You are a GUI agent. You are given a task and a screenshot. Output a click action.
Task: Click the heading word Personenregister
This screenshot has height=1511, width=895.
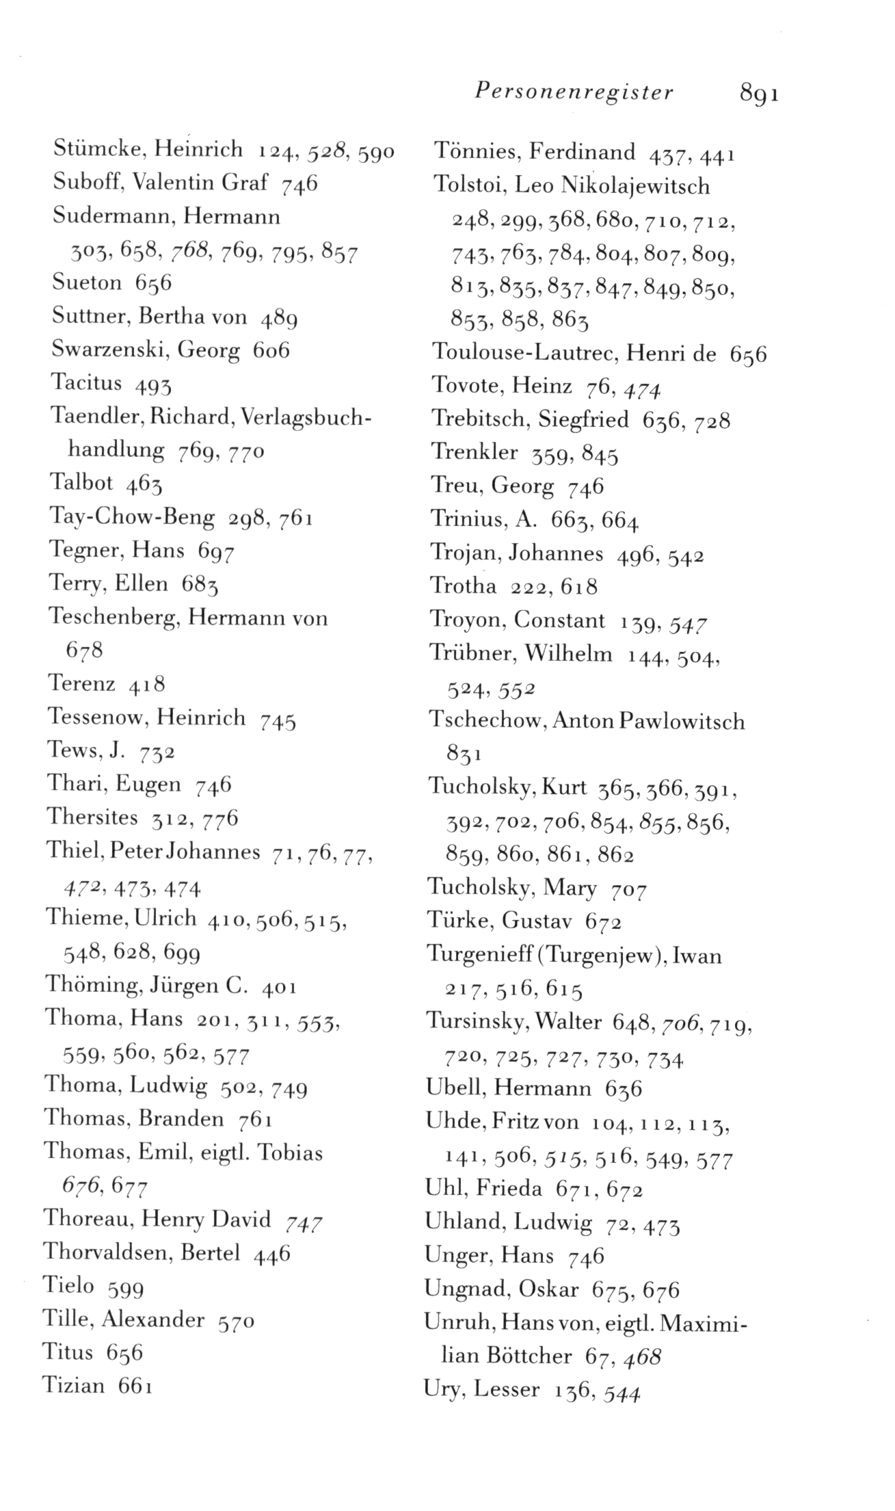574,92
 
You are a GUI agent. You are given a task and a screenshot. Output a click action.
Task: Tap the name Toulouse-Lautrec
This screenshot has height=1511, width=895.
526,354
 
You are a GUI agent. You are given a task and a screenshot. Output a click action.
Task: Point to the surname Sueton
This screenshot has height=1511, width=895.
87,282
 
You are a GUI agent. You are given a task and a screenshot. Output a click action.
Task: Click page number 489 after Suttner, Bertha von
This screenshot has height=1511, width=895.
278,318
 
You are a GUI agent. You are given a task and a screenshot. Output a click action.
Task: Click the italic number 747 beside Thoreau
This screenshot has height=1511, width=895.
303,1222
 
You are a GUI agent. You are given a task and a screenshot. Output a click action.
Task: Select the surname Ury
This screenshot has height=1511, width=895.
444,1389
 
